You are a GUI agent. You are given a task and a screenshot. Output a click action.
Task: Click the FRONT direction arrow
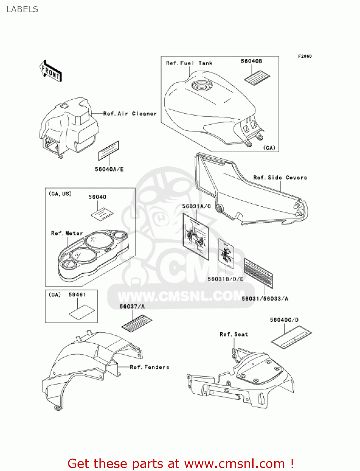tap(51, 71)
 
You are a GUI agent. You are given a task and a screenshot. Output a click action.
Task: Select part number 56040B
tap(251, 61)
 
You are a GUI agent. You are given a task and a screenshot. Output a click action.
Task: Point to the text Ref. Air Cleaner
tap(130, 114)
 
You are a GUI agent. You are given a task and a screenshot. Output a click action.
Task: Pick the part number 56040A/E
tap(109, 170)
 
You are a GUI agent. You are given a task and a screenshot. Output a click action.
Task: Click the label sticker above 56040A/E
tap(109, 150)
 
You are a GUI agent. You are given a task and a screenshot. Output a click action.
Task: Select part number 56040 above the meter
tap(97, 197)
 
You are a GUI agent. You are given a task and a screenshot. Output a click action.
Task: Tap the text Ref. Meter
tap(67, 233)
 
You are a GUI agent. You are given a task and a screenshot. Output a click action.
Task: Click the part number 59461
tap(77, 295)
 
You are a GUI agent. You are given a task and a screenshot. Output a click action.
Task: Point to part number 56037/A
tap(132, 306)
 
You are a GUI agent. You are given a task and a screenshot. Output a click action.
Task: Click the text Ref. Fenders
tap(149, 367)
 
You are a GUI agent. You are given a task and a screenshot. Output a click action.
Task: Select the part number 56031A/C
tap(196, 206)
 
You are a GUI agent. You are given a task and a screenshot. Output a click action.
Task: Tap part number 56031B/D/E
tap(225, 279)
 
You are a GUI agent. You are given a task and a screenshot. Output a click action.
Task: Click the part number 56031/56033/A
tap(265, 299)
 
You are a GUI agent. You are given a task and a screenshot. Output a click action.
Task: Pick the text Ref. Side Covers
tap(280, 178)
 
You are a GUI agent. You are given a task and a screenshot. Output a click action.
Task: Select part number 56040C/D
tap(284, 320)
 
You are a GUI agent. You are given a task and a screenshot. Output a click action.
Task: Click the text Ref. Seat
tap(234, 334)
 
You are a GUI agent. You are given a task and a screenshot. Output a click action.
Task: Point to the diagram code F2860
tap(305, 56)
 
